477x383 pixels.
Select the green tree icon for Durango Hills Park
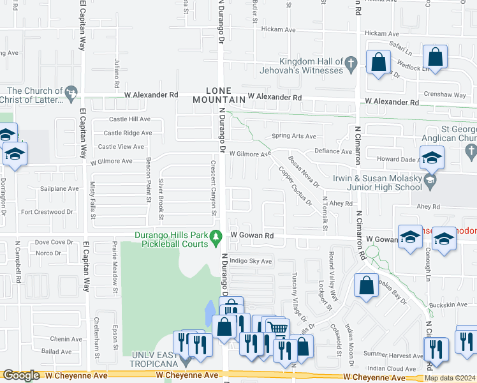click(x=216, y=237)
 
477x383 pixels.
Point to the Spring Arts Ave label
click(x=294, y=136)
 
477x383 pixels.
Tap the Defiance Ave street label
click(x=334, y=151)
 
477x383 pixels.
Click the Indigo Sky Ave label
click(x=251, y=261)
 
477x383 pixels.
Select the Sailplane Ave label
click(x=59, y=188)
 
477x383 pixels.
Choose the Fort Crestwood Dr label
click(x=47, y=211)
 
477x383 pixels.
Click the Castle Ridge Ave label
click(x=129, y=133)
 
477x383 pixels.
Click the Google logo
click(x=22, y=376)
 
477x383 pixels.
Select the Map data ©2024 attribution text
click(x=449, y=378)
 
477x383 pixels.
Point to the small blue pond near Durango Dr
click(x=210, y=313)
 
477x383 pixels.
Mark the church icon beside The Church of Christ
click(x=71, y=94)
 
